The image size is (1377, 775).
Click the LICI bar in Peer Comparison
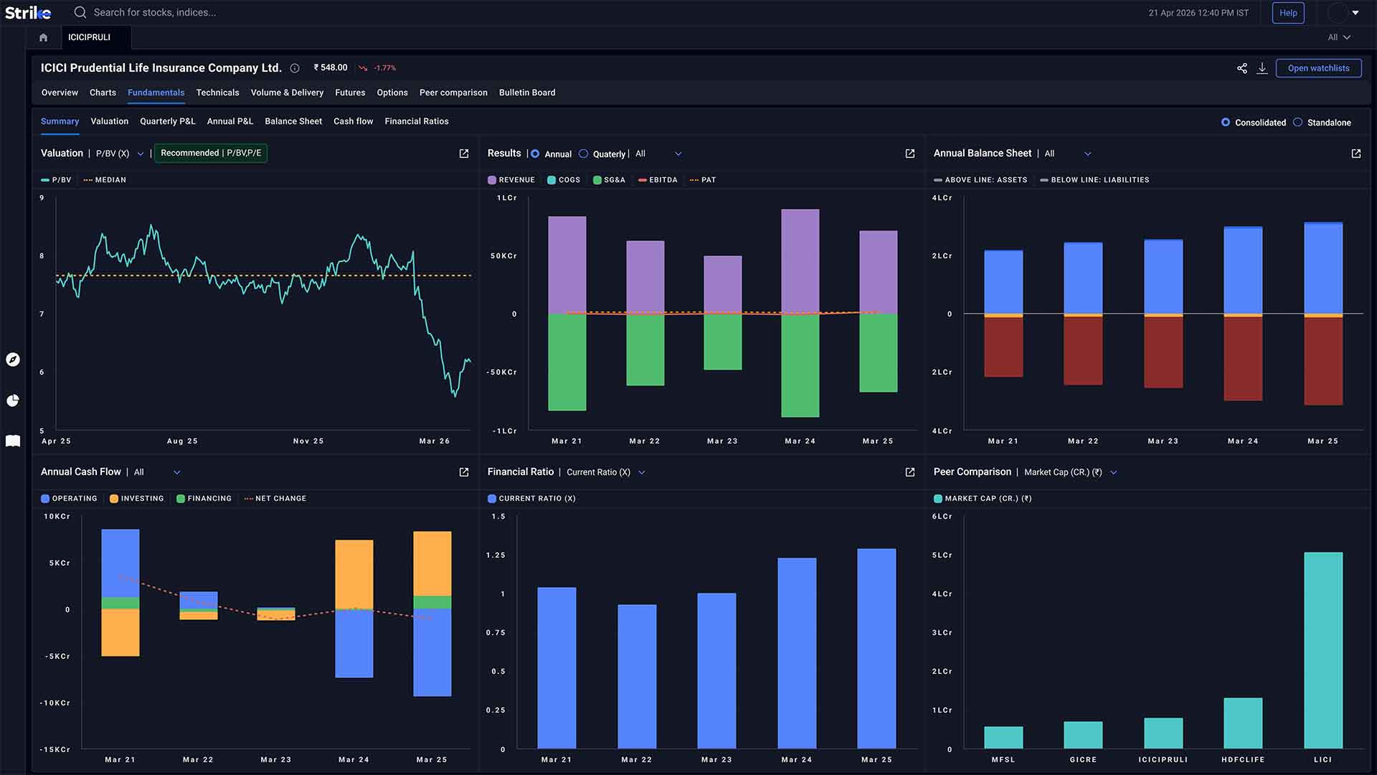coord(1323,650)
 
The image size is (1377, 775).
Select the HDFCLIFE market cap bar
coord(1243,723)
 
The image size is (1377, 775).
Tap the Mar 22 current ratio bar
coord(637,677)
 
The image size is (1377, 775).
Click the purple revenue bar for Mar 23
coord(723,285)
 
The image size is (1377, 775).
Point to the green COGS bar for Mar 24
coord(800,365)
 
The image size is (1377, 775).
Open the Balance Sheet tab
coord(293,121)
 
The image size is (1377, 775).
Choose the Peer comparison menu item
coord(453,93)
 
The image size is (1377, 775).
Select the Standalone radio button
coord(1298,123)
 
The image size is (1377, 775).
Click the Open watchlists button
coord(1318,68)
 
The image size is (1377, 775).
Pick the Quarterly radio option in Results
coord(584,154)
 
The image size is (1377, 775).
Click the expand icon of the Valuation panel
coord(464,154)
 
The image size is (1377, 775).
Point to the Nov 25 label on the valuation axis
coord(308,441)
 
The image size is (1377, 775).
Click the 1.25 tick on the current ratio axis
coord(496,555)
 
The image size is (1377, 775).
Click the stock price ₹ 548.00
coord(331,67)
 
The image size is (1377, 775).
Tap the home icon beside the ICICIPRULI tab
coord(43,37)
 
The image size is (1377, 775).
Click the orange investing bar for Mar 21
coord(120,632)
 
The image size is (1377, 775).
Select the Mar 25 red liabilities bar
coord(1323,361)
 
